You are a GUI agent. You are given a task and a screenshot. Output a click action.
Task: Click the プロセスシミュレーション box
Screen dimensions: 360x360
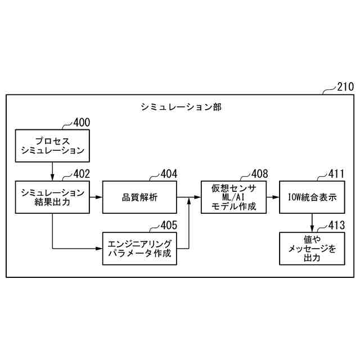coord(52,145)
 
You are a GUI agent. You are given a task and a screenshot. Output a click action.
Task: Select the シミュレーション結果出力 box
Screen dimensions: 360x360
coord(52,197)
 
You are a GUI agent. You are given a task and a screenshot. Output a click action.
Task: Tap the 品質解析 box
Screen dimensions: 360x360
coord(139,197)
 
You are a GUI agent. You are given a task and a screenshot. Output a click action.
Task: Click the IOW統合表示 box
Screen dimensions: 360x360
coord(311,197)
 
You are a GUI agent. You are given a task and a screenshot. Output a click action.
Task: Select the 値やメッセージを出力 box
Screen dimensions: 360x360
coord(311,249)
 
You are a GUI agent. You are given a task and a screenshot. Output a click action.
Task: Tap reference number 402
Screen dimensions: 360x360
coord(80,174)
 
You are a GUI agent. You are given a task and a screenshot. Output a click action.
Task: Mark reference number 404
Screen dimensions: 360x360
coord(168,174)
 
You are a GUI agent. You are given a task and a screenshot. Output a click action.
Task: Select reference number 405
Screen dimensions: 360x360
coord(168,226)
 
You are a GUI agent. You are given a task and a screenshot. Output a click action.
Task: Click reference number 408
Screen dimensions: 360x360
coord(259,174)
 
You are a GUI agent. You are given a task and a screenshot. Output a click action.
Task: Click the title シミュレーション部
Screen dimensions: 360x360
coord(181,106)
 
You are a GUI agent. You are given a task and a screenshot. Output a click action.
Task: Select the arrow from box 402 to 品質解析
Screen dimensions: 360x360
coord(96,197)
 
